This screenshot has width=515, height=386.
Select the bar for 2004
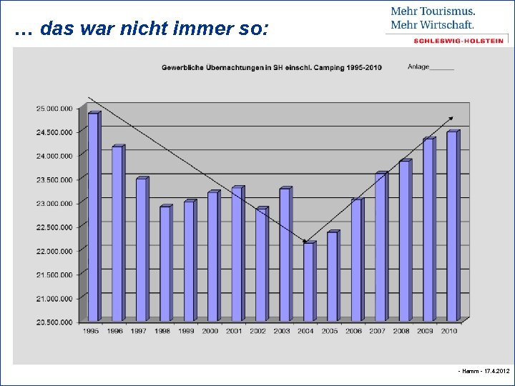pyautogui.click(x=308, y=282)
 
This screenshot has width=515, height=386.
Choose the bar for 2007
pyautogui.click(x=381, y=247)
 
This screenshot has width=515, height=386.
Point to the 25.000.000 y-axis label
pyautogui.click(x=54, y=109)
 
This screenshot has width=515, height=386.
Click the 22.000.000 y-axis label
pyautogui.click(x=54, y=251)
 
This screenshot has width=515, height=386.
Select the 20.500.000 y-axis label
pyautogui.click(x=54, y=322)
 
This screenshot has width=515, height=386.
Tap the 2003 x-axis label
pyautogui.click(x=283, y=331)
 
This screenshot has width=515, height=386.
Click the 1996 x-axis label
pyautogui.click(x=115, y=331)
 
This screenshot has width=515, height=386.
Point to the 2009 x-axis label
pyautogui.click(x=426, y=331)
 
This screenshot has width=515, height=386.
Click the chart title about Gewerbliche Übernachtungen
pyautogui.click(x=271, y=68)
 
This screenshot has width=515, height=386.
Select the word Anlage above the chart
pyautogui.click(x=418, y=67)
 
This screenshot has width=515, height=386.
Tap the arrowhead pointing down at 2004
pyautogui.click(x=306, y=241)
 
